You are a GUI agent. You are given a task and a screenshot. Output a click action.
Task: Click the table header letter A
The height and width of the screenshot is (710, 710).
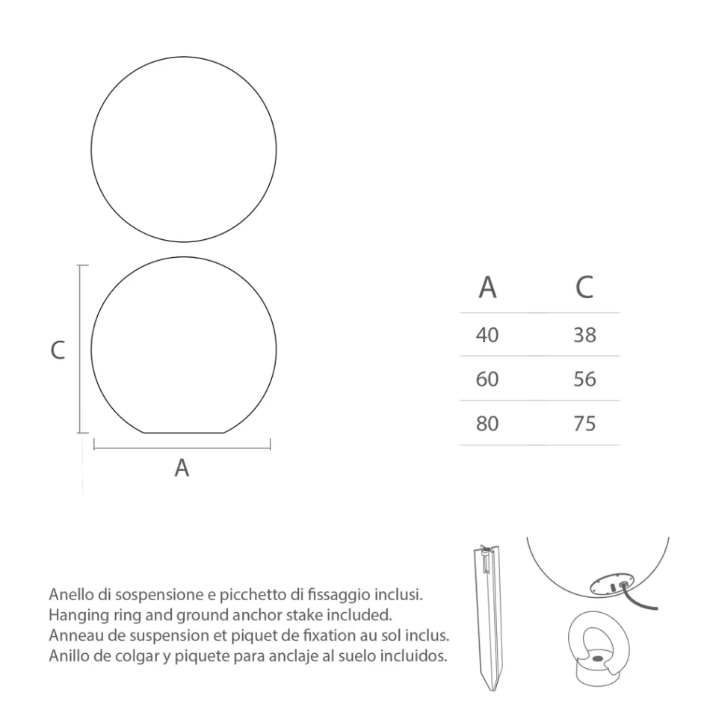[x=487, y=287]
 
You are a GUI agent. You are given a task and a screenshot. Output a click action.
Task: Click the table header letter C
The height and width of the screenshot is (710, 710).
[x=584, y=287]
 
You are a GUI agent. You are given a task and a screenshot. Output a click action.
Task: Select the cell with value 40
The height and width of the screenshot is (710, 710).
[x=487, y=335]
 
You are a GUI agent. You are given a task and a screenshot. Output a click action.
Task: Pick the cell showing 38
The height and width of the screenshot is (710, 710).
[x=584, y=335]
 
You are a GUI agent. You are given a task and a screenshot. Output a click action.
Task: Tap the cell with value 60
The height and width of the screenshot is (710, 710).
[x=487, y=380]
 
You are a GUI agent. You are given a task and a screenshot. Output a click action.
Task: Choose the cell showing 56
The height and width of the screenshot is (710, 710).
[x=584, y=380]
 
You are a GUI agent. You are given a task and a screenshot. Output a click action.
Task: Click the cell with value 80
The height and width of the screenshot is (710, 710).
[x=487, y=424]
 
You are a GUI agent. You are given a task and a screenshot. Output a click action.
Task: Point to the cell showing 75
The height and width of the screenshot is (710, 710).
[x=584, y=424]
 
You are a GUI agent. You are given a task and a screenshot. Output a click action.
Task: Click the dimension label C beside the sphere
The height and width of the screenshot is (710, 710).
[x=58, y=350]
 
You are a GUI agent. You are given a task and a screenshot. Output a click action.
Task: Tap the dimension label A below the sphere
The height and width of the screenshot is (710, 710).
[x=182, y=469]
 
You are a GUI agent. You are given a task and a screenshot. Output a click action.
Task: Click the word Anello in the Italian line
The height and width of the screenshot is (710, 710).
[x=69, y=596]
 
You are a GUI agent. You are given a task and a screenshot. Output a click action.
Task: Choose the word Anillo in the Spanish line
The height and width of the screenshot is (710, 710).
[x=67, y=656]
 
